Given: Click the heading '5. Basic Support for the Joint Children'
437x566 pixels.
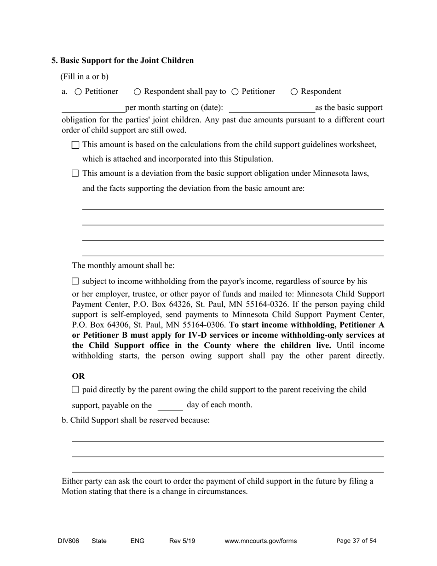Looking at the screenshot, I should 122,60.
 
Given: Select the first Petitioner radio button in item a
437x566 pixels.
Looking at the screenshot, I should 78,92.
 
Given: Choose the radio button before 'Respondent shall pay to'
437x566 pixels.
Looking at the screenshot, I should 137,92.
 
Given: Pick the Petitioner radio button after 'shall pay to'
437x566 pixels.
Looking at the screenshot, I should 235,92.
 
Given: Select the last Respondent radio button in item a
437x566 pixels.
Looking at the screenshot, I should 294,92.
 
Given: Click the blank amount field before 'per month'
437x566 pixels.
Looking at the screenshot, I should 93,109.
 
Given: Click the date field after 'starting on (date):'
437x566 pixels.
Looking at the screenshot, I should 271,109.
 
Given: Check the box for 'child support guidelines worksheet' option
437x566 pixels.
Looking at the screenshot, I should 75,145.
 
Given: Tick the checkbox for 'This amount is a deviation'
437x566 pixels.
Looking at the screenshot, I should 75,173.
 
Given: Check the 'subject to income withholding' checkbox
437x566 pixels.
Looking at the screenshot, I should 75,281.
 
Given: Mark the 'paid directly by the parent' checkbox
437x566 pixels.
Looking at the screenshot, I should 75,390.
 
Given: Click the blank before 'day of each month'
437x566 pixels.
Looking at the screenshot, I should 170,406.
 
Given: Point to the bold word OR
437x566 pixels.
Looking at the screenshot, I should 78,376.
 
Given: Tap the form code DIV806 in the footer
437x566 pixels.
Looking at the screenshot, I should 68,541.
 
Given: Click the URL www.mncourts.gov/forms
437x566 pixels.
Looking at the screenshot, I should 260,541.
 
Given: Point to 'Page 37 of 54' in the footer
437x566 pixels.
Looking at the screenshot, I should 356,541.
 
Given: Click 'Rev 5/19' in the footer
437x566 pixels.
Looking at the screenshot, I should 182,541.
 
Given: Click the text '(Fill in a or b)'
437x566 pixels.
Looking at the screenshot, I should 84,76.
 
